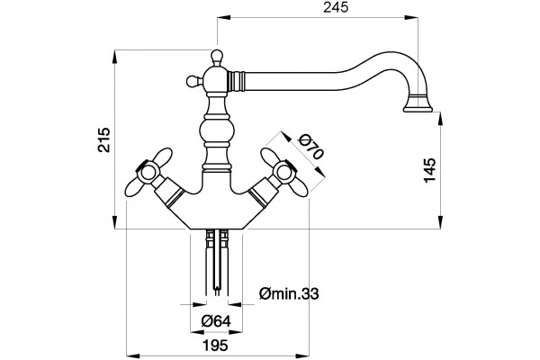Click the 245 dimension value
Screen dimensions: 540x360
pos(336,7)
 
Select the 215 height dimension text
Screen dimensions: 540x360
pos(103,139)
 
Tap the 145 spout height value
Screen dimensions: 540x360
pos(430,170)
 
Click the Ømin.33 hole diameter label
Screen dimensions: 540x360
pos(289,294)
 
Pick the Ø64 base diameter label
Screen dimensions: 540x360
pos(216,321)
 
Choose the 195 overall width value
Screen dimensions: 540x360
pos(215,345)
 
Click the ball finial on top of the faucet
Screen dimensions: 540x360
pos(217,56)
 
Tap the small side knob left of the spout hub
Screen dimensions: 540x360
pos(193,81)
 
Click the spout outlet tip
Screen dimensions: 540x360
pos(418,109)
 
